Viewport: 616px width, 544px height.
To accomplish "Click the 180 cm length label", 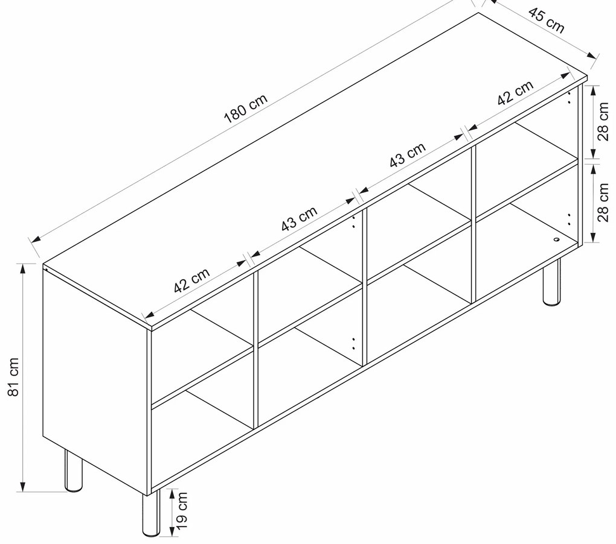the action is coord(246,109).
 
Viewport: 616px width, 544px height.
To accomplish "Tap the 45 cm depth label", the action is coord(547,20).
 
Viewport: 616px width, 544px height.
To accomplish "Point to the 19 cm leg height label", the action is coord(181,511).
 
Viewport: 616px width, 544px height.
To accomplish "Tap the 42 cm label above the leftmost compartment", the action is coord(191,280).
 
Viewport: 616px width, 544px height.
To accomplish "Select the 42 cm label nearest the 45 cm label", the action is coord(515,93).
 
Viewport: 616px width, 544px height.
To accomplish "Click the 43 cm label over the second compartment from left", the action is coord(299,218).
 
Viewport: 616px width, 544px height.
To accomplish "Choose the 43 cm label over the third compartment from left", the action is coord(408,154).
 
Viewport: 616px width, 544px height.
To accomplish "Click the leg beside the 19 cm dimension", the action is coord(151,513).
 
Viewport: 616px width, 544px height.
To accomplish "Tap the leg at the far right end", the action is coord(551,282).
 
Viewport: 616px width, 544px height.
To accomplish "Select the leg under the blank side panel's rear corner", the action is coord(74,470).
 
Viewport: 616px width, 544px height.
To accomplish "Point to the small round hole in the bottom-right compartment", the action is coord(556,239).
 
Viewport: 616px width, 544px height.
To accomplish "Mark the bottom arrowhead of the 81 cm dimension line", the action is coord(23,486).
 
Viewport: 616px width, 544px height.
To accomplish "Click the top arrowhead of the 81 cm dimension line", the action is coord(23,269).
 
